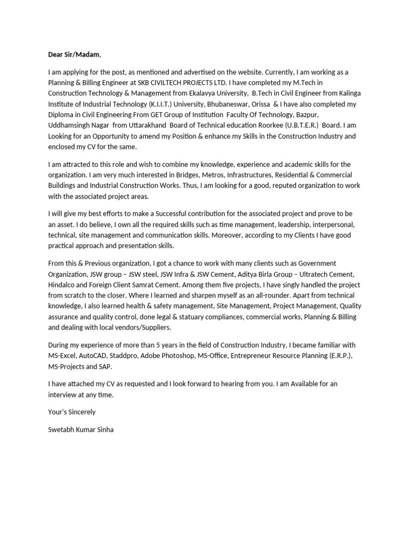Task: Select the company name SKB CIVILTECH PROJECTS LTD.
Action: (x=190, y=82)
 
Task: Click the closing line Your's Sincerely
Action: (x=72, y=412)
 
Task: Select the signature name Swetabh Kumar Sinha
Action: (x=80, y=429)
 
